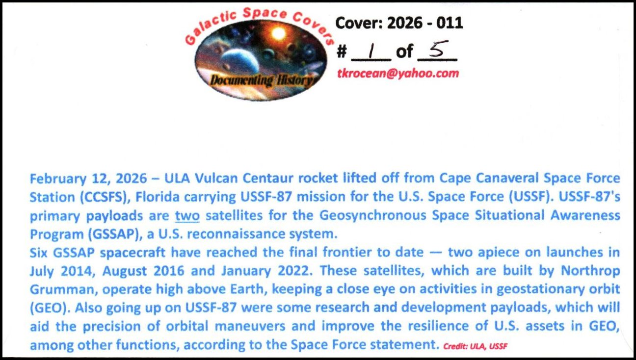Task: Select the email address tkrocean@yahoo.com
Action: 398,74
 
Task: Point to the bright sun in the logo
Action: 278,34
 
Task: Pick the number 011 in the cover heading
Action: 450,23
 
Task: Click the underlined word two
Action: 187,216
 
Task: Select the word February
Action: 58,179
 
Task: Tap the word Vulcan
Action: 216,178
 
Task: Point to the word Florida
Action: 158,197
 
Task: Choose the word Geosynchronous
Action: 373,216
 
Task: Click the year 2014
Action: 77,272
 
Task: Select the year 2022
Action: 293,271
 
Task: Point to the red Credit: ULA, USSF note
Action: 476,346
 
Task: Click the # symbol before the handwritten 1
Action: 342,52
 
